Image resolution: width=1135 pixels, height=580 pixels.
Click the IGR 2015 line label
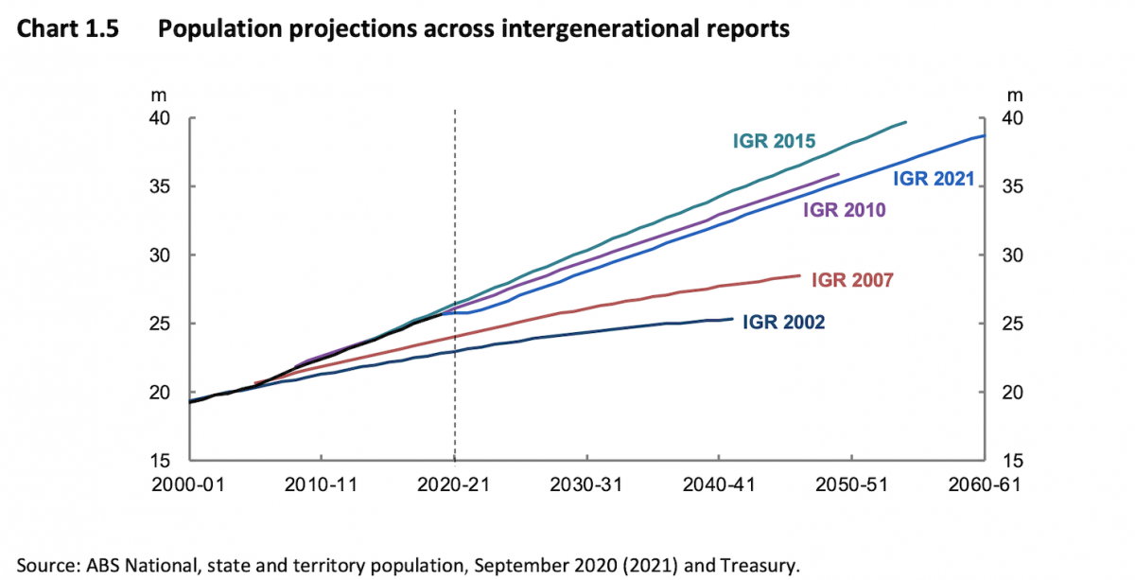click(775, 141)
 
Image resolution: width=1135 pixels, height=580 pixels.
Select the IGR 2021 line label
click(934, 178)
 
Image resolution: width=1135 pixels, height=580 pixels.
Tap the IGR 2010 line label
click(844, 210)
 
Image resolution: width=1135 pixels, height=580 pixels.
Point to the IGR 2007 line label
click(852, 279)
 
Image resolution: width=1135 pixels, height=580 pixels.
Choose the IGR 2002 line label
click(783, 323)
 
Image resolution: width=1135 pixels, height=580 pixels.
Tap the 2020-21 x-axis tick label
click(455, 483)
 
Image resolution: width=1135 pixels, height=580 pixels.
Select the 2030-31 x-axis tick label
click(587, 483)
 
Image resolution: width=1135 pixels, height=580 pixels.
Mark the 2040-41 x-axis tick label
click(719, 483)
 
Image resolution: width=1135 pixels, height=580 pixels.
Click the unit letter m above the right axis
click(1015, 95)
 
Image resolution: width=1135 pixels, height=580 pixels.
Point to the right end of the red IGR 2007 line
click(800, 275)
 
